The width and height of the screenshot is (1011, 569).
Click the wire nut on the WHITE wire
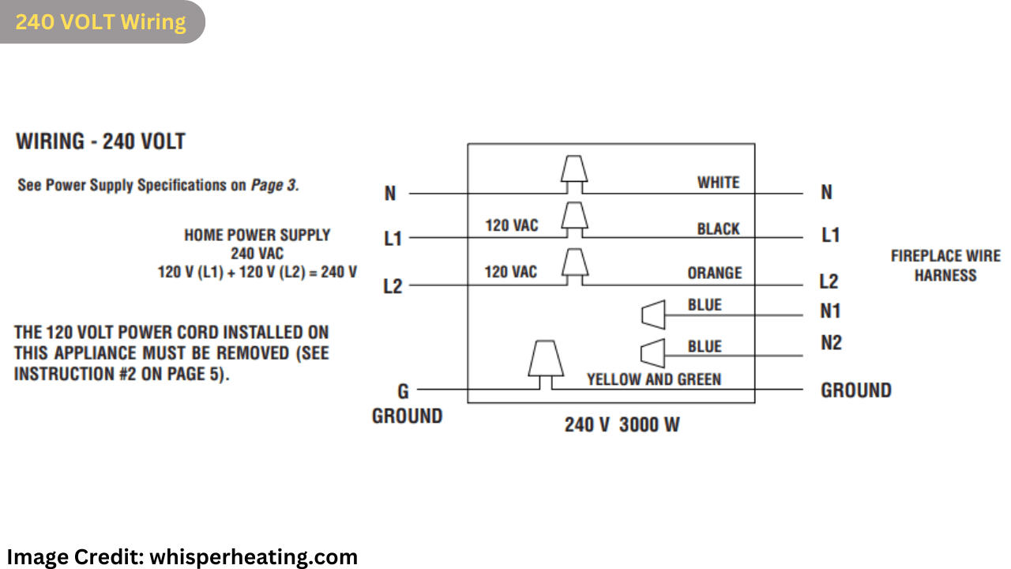(x=574, y=169)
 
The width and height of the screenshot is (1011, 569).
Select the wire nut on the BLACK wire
(x=574, y=216)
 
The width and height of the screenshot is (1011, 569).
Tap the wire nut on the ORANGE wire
(x=574, y=262)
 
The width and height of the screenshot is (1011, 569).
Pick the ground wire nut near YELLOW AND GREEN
(x=545, y=359)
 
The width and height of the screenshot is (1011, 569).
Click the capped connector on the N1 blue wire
(x=652, y=315)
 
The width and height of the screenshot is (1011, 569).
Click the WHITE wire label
(x=718, y=183)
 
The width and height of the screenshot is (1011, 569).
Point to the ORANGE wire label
(x=714, y=273)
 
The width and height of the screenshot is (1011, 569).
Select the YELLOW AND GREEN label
(x=653, y=379)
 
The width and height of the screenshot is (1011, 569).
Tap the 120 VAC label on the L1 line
(x=511, y=226)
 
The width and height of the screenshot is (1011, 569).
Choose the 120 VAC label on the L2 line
(x=511, y=273)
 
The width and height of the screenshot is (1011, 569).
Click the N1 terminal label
(x=830, y=311)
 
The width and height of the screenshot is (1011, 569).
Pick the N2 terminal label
(x=831, y=343)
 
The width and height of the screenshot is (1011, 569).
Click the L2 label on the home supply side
(x=393, y=286)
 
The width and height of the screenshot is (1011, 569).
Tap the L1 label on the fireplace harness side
(x=830, y=236)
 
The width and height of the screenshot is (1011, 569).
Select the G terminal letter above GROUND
(x=403, y=390)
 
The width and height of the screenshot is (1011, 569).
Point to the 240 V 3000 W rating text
(x=622, y=424)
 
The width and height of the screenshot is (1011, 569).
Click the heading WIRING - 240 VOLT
(x=100, y=142)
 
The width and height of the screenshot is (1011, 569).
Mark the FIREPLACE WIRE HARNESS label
(x=945, y=266)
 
